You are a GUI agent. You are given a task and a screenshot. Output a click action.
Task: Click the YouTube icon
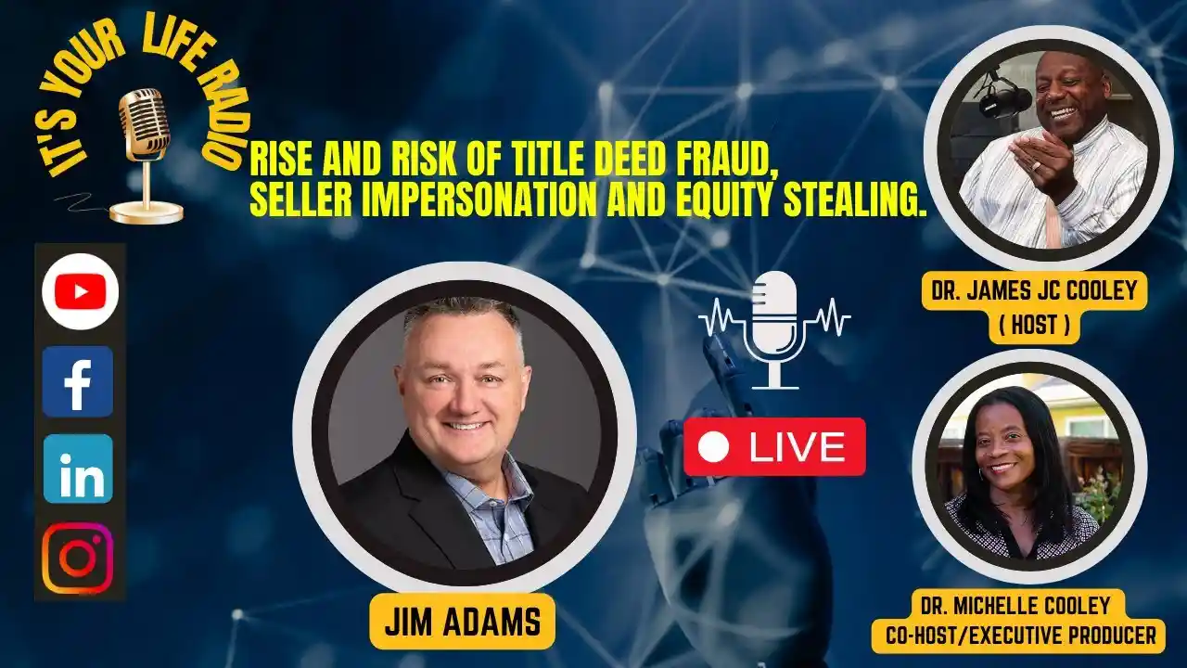(81, 291)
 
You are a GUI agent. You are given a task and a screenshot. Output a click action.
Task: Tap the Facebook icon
(78, 381)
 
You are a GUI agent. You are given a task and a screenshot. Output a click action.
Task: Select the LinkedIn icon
(78, 469)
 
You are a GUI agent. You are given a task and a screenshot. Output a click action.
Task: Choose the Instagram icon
(78, 558)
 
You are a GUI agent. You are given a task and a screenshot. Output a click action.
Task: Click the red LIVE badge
(774, 447)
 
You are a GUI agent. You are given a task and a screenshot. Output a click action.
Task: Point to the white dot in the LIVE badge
(713, 447)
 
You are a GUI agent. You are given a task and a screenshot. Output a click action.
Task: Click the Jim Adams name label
(463, 622)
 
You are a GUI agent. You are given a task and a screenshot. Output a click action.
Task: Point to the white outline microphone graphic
(774, 329)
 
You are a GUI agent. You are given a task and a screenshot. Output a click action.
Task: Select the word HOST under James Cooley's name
(1034, 325)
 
